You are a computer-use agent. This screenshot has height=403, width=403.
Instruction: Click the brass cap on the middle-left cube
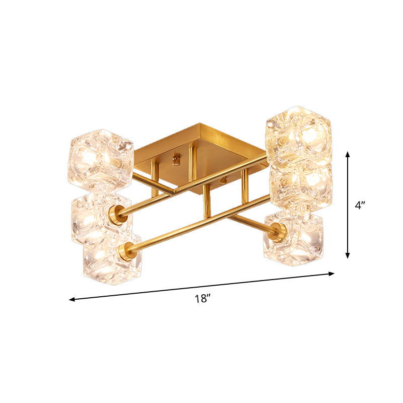pos(118,215)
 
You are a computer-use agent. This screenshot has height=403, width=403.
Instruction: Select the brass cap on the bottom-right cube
pos(278,232)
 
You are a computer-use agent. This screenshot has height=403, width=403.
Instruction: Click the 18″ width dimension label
pos(203,299)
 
